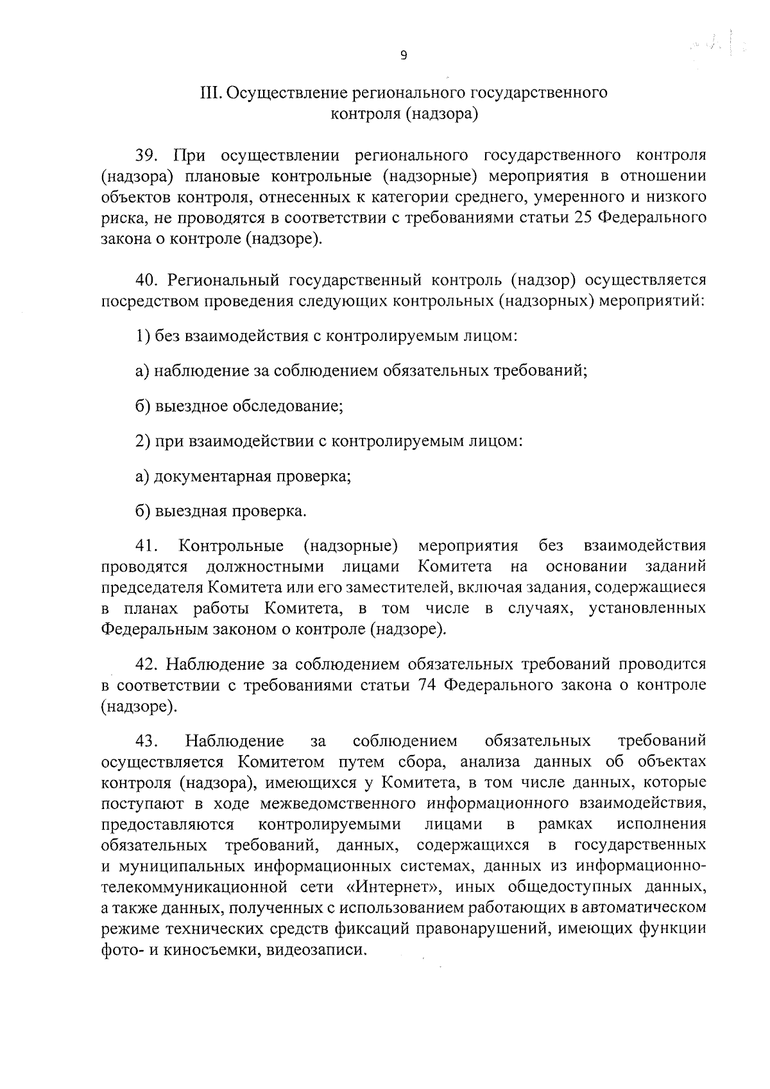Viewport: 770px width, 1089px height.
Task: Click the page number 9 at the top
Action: pos(403,55)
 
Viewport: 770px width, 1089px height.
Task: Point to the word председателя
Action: pos(152,588)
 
